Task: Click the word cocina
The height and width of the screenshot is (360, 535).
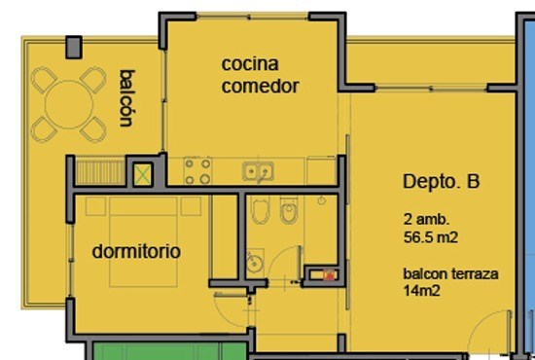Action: pos(250,64)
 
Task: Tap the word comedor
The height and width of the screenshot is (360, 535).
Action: pos(261,86)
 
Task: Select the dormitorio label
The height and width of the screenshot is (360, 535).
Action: pos(136,251)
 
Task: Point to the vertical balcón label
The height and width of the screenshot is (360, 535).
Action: pos(126,98)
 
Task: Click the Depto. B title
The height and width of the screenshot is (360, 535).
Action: pos(442,182)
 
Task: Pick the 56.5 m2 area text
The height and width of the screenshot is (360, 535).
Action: pos(431,237)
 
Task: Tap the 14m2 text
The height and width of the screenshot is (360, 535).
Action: pos(421,291)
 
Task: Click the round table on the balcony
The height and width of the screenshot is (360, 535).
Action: pos(69,104)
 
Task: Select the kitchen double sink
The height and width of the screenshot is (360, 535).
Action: pos(258,171)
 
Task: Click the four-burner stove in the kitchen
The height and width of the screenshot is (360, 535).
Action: pos(197,171)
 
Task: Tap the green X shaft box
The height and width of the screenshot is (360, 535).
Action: pos(143,175)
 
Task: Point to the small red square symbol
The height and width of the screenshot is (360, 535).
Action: pos(329,275)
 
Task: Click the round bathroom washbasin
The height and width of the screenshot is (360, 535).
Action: pos(254,263)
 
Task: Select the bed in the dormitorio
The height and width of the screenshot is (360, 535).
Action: pos(143,242)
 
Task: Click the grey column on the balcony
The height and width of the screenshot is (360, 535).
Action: pos(74,47)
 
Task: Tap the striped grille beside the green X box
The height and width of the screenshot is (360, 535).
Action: pos(100,172)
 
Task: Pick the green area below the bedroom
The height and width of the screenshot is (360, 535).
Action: pos(169,351)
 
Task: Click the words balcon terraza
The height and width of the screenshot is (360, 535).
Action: pos(450,273)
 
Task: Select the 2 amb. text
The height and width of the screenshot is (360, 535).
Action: pos(426,219)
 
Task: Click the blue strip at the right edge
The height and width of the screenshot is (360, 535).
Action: pos(529,184)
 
